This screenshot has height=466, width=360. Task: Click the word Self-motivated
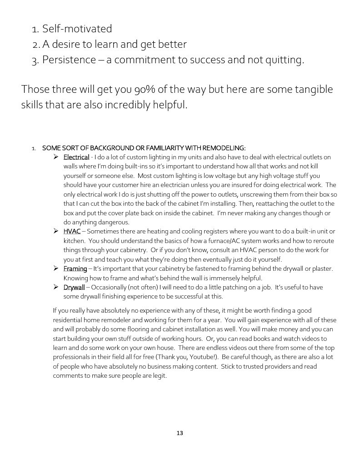click(x=77, y=29)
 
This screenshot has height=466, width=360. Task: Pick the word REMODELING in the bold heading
click(x=224, y=148)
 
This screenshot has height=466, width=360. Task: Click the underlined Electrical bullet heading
click(x=76, y=157)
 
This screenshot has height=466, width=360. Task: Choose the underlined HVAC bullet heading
click(x=72, y=231)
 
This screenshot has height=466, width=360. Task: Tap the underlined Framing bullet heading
click(x=75, y=268)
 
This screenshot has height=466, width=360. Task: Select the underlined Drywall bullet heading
click(x=74, y=287)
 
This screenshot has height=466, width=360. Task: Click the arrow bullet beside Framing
click(x=56, y=268)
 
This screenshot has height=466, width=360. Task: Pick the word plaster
click(x=323, y=268)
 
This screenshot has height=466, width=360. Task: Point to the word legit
click(x=159, y=375)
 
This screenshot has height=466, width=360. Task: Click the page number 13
click(x=180, y=433)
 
